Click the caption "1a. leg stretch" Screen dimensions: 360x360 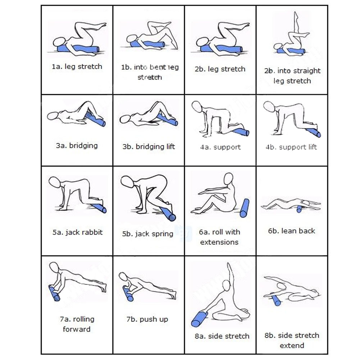tap(77, 67)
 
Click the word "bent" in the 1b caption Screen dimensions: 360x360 tap(158, 67)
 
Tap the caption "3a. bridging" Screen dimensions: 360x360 tap(77, 146)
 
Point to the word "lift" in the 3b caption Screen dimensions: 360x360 tap(169, 146)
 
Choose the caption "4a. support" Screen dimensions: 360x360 tap(220, 147)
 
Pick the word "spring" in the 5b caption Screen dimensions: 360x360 tap(162, 234)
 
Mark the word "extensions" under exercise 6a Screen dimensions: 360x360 tap(219, 242)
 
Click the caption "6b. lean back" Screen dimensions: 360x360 tap(292, 231)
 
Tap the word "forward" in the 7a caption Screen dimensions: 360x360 tap(77, 329)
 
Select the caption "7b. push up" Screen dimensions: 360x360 tap(147, 319)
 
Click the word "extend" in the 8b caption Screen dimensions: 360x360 tap(292, 346)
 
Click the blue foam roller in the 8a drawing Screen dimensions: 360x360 tap(199, 319)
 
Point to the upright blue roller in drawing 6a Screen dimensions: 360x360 tap(245, 208)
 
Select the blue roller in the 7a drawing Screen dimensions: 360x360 tap(54, 293)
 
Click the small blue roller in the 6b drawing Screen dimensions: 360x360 tap(299, 209)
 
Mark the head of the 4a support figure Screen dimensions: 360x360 tap(197, 106)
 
